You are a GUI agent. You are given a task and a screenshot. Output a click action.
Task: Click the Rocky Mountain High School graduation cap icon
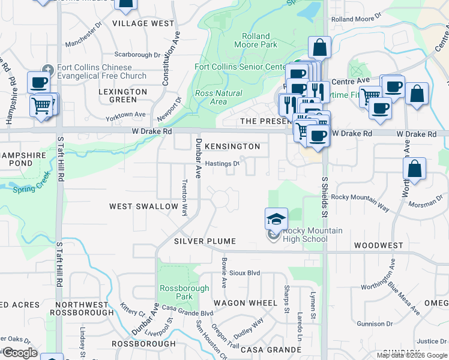pos(276,219)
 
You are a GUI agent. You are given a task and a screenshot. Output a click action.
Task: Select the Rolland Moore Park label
pos(259,40)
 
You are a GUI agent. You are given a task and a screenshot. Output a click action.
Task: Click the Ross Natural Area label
pos(218,97)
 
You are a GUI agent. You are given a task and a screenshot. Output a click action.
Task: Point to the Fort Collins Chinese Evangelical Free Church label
pos(101,72)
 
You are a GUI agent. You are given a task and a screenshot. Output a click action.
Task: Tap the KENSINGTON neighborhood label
pos(232,146)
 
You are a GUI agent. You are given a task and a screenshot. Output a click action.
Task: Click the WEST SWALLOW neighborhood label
pos(143,206)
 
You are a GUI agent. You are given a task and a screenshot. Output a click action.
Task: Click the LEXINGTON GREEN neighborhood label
pos(122,96)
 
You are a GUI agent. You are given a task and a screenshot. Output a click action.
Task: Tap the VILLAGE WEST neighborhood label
pos(143,23)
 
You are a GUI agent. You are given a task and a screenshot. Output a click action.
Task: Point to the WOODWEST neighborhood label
pos(378,245)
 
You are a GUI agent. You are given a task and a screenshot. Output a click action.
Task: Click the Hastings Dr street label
pos(222,163)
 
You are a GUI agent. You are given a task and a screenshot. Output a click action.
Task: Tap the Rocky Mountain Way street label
pos(360,201)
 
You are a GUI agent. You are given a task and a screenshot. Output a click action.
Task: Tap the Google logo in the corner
pos(20,353)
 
